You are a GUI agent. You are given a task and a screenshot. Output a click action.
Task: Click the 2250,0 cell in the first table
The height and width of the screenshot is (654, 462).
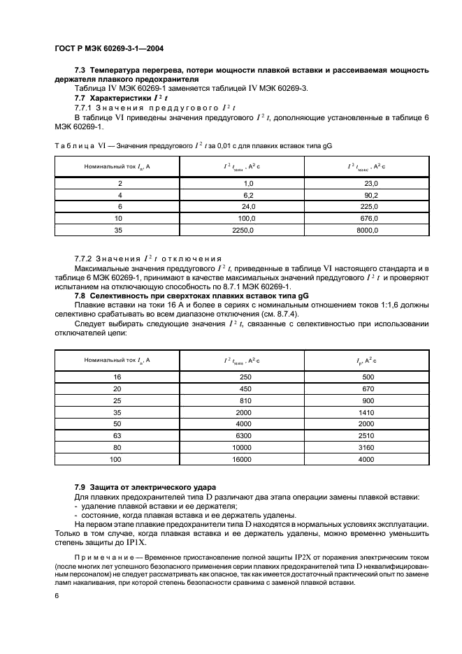(x=242, y=248)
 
